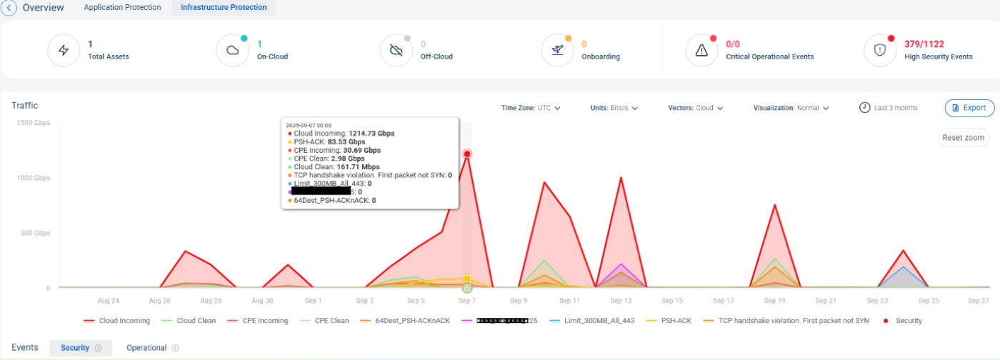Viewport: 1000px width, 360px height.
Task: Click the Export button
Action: tap(969, 108)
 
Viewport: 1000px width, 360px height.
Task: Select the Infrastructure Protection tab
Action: tap(224, 8)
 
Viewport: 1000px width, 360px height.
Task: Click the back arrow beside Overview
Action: tap(9, 8)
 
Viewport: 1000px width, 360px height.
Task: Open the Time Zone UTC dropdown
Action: tap(531, 109)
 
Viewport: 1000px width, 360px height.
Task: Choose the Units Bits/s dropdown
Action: tap(614, 109)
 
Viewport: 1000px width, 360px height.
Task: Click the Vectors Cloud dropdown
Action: tap(695, 109)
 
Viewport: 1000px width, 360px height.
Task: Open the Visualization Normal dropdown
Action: tap(791, 109)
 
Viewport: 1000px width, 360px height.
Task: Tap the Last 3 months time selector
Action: tap(888, 108)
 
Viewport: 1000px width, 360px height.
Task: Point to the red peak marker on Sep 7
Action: tap(467, 154)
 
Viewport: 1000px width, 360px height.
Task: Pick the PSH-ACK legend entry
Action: tap(673, 321)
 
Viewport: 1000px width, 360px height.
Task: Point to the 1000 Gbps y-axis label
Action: tap(34, 178)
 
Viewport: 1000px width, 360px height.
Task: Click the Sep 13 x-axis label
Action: tap(621, 301)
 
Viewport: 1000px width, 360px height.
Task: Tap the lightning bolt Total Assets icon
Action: tap(64, 50)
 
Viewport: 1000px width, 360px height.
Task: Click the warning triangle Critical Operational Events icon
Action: tap(701, 50)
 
